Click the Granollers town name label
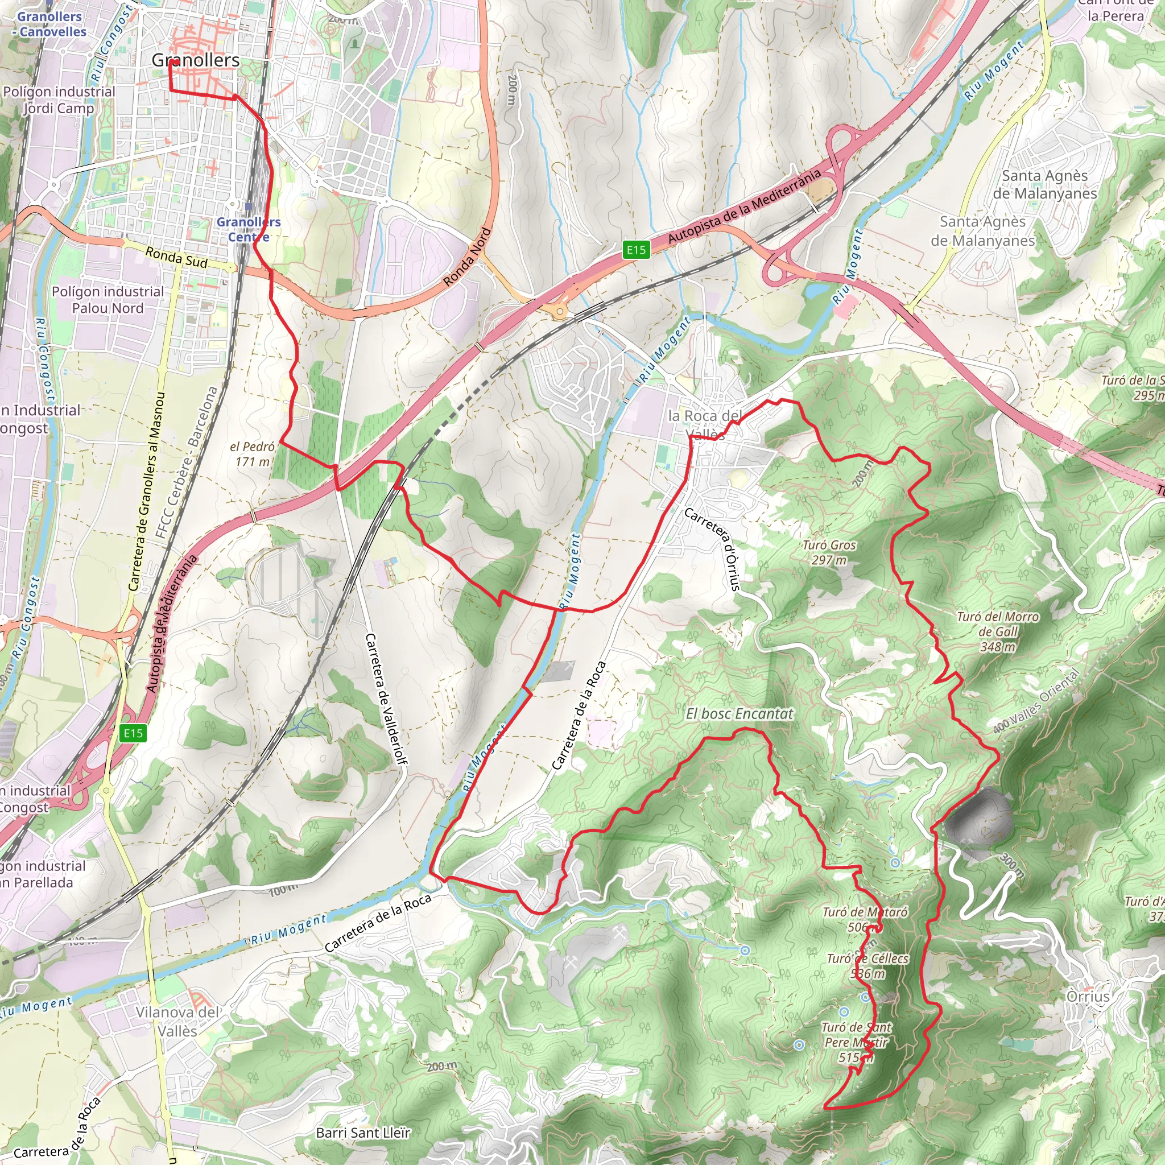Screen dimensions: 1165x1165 195,60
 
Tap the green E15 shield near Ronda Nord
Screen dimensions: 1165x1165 635,250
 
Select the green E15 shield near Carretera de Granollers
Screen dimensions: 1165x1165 133,733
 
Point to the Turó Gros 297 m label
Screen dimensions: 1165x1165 829,552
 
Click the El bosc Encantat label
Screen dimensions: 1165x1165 740,714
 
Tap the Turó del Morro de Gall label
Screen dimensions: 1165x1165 998,631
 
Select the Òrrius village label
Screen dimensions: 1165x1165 1088,996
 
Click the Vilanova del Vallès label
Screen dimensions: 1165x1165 177,1022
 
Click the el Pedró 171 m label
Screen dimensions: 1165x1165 252,454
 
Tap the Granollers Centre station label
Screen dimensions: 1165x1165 249,229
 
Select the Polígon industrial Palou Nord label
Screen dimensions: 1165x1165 108,300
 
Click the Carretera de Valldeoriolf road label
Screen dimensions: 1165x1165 386,700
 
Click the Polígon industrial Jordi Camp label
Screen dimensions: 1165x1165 59,100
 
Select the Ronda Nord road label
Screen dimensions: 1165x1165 468,257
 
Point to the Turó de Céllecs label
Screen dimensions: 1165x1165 867,966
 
